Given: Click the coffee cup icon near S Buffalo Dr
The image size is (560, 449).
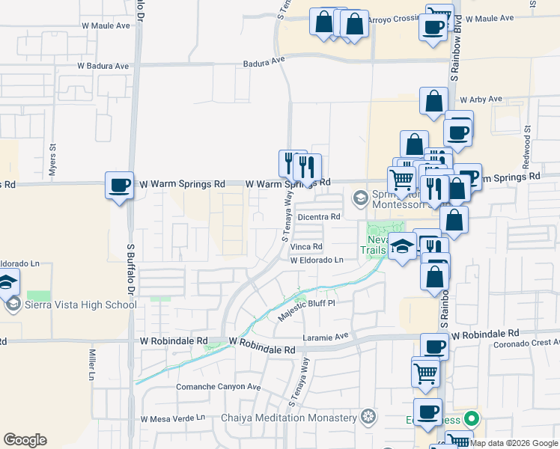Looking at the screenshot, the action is click(119, 184).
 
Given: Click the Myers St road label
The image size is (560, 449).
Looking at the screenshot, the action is click(52, 159).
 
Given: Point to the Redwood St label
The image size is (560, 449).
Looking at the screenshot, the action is click(527, 141).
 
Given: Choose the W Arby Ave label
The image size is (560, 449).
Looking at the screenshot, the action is click(484, 99).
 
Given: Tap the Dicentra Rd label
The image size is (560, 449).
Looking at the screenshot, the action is click(319, 217).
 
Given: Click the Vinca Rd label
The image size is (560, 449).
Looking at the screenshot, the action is click(306, 246).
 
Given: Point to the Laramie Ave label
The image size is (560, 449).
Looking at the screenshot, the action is click(326, 337).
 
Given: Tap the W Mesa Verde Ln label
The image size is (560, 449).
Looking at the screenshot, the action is click(172, 418).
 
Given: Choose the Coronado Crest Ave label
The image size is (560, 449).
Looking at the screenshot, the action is click(526, 344).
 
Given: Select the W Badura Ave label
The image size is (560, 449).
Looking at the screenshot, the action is click(103, 66).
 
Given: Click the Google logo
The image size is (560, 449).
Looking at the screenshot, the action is click(25, 440).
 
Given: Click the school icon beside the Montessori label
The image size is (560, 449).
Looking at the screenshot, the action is click(360, 199).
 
